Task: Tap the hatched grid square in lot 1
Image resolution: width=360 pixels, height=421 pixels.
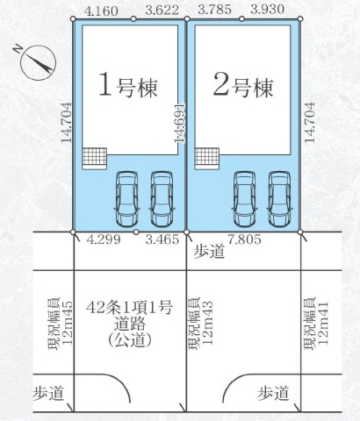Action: (93, 157)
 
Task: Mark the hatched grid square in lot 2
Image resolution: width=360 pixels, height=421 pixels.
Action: (207, 157)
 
